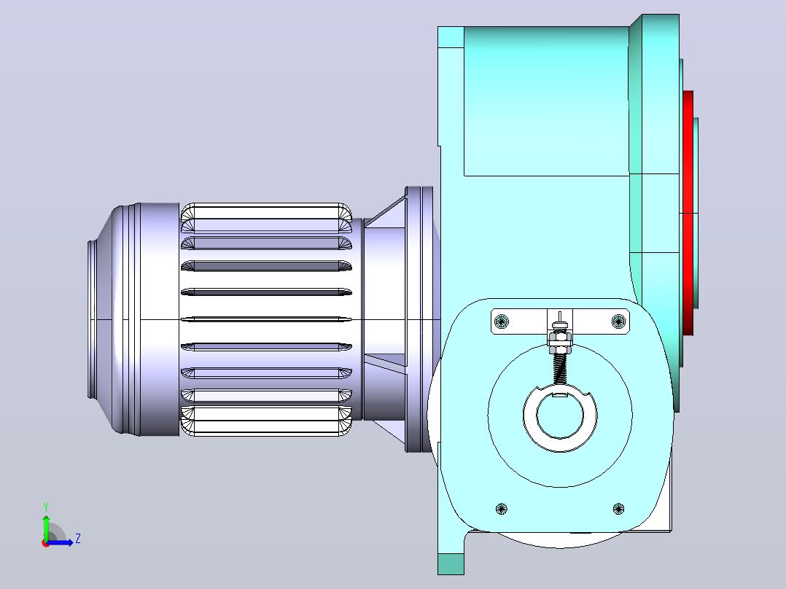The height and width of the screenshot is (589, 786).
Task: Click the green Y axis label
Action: [46, 507]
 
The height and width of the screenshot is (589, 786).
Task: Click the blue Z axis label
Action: [78, 539]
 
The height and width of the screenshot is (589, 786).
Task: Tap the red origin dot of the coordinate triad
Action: [46, 543]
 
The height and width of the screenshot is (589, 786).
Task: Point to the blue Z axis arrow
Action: [60, 542]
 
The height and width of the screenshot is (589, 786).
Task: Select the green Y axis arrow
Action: [46, 528]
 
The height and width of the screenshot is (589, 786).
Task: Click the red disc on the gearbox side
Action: [688, 213]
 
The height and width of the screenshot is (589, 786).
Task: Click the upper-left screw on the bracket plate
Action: [502, 321]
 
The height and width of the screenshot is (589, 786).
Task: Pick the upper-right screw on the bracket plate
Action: [618, 321]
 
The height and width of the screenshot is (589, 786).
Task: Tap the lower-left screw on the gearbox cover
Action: [502, 509]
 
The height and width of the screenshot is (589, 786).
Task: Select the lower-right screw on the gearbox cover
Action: [618, 509]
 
